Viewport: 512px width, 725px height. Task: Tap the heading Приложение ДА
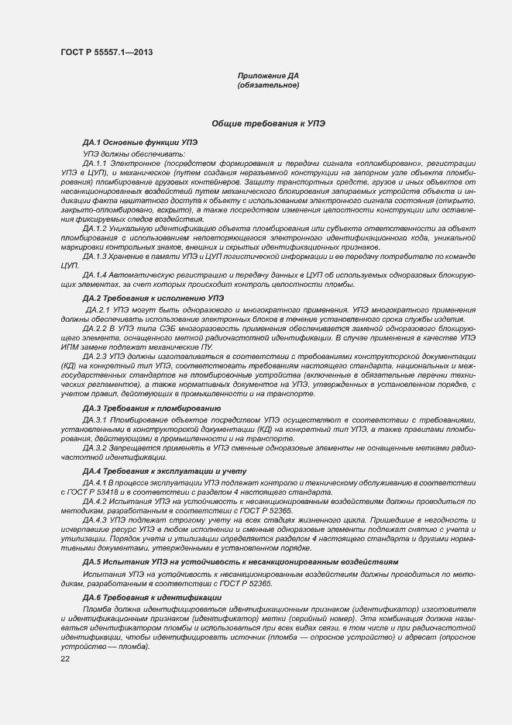[x=268, y=76]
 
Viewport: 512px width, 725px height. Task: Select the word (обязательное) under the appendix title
[x=268, y=85]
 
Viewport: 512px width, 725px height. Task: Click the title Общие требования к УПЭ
[x=268, y=123]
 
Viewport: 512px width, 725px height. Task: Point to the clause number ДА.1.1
[x=94, y=163]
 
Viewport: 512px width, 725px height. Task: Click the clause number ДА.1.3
[x=94, y=256]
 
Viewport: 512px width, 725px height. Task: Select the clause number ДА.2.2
[x=94, y=329]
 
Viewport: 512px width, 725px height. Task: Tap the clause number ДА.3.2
[x=94, y=448]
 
